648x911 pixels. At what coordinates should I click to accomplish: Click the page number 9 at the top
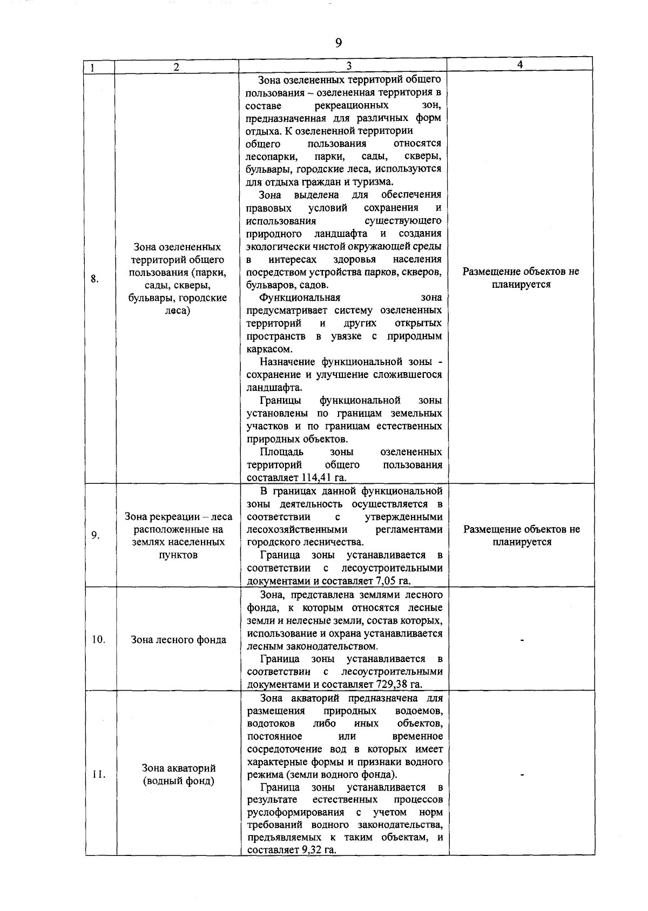pyautogui.click(x=339, y=43)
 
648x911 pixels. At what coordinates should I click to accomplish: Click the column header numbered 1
pyautogui.click(x=93, y=68)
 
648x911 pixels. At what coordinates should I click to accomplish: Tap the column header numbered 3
pyautogui.click(x=349, y=65)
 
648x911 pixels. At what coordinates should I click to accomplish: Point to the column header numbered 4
pyautogui.click(x=519, y=64)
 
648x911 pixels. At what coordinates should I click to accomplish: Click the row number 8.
pyautogui.click(x=94, y=279)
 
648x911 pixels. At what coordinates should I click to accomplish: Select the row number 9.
pyautogui.click(x=95, y=535)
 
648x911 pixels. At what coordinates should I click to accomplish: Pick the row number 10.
pyautogui.click(x=98, y=639)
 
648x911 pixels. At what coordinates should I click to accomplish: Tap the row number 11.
pyautogui.click(x=99, y=775)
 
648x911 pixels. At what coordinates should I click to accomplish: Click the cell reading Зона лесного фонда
pyautogui.click(x=179, y=640)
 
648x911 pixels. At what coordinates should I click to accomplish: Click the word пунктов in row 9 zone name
pyautogui.click(x=179, y=555)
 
